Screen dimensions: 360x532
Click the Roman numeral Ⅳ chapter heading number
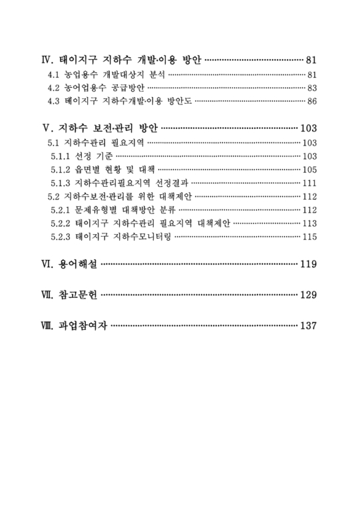pos(46,60)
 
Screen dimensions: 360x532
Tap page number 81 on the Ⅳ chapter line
pos(312,61)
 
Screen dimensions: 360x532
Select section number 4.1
pos(51,75)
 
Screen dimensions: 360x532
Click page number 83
pos(313,88)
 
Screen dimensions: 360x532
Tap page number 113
pos(310,223)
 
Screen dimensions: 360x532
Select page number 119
pos(309,265)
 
